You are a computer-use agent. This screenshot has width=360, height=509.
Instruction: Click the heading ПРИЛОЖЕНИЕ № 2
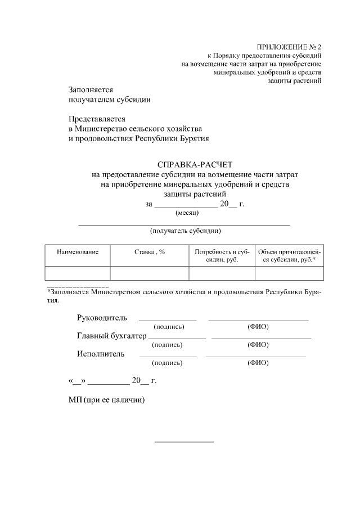click(289, 47)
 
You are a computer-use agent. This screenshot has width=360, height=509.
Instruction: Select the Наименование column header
click(78, 252)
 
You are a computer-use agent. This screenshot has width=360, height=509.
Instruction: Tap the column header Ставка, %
click(149, 252)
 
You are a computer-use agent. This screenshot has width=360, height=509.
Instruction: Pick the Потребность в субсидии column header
click(222, 256)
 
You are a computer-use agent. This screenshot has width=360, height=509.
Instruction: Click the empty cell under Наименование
click(78, 273)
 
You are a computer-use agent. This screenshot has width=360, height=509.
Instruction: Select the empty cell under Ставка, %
click(149, 273)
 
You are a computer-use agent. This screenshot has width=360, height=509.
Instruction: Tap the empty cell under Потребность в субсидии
click(222, 273)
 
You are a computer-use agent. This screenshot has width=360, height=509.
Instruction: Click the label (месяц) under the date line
click(187, 213)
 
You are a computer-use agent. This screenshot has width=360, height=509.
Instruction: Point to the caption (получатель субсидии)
click(185, 231)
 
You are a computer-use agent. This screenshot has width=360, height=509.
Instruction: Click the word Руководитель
click(102, 318)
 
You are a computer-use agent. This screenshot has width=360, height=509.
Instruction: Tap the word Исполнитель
click(101, 354)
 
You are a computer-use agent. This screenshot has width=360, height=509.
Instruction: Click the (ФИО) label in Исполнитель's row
click(258, 363)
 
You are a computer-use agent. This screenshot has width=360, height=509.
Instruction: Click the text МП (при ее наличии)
click(107, 400)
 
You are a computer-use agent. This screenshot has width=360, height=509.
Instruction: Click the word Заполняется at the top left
click(91, 89)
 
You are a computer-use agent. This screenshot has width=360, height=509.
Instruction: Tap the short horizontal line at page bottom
click(184, 442)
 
